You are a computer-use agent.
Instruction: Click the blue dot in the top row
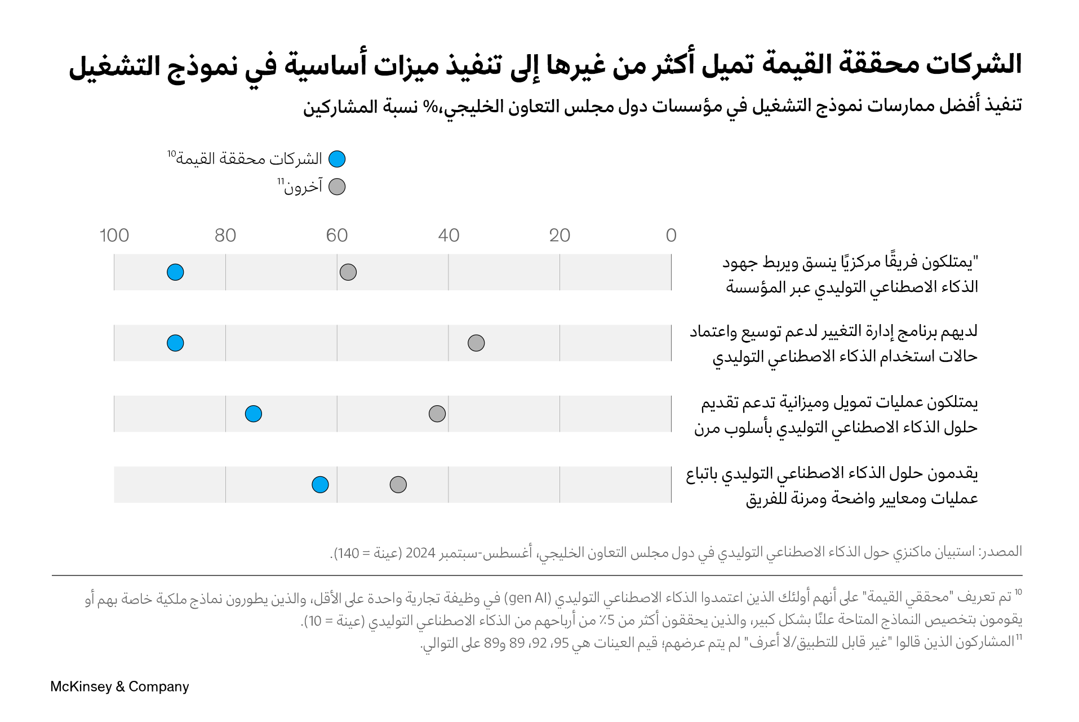175,272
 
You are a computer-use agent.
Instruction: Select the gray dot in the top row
348,272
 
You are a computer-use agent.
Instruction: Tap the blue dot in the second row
175,343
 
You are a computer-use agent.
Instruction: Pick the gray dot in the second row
476,343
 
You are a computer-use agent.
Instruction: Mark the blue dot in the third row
254,414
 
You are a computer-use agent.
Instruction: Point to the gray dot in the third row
437,414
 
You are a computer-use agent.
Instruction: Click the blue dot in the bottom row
320,484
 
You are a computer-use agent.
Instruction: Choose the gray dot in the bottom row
398,484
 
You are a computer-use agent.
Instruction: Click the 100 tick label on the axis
114,236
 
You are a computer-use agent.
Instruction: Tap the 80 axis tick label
225,236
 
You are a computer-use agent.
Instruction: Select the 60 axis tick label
337,236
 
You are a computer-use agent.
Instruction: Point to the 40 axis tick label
449,236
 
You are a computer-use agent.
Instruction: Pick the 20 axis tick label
560,236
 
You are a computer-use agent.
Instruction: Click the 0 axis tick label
671,236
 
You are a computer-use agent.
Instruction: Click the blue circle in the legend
337,159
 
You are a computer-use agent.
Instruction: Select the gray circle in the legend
337,187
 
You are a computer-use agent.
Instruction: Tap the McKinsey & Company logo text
119,686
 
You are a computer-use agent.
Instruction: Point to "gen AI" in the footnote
527,598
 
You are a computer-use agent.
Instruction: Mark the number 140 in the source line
348,553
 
